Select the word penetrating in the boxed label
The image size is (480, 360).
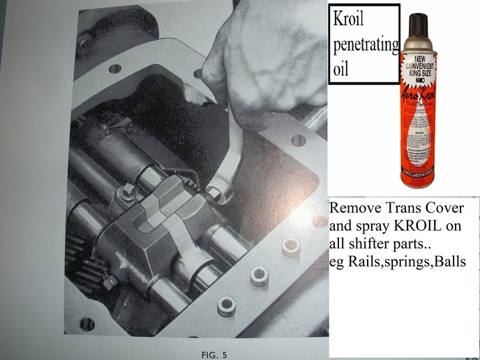coord(363,46)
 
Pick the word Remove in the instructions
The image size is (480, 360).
coord(355,208)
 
